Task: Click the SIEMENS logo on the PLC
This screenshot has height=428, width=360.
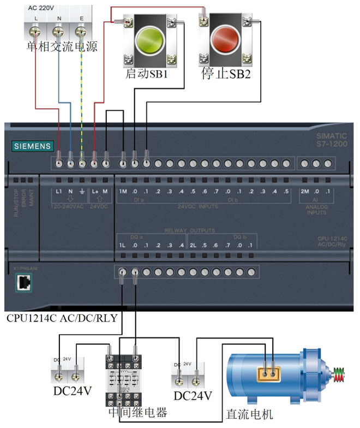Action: point(33,146)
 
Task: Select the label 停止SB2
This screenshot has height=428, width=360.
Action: point(226,73)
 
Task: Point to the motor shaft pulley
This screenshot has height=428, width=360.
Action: point(341,375)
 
